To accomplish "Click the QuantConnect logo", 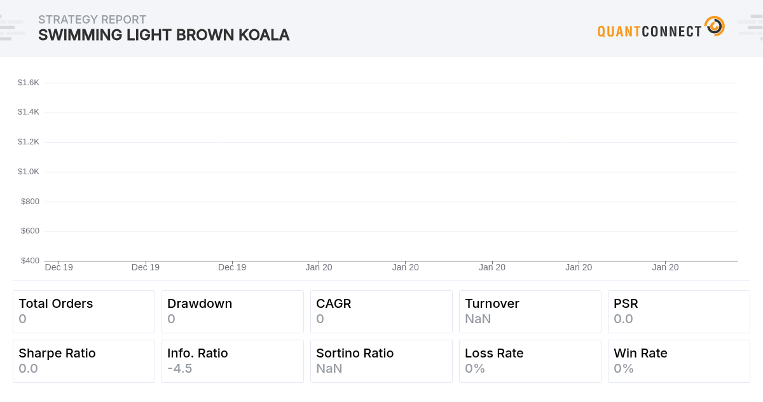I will (x=660, y=28).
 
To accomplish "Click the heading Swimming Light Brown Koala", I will (x=163, y=35).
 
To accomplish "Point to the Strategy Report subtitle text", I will (x=92, y=20).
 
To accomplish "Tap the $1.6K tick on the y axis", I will (x=29, y=82).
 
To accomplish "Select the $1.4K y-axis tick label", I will (x=29, y=112).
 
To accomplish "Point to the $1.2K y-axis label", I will (x=29, y=141).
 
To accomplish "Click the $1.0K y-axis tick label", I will (x=29, y=171).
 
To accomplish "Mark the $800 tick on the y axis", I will (x=30, y=201).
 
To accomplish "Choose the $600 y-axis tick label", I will (x=30, y=231).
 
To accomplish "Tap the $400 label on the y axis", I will (x=30, y=261).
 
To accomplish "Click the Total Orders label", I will (x=56, y=303).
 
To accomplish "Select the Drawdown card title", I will (x=200, y=303).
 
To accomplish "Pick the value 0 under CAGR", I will (x=320, y=319).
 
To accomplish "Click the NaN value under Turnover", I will (x=478, y=319).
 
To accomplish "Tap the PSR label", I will (x=626, y=303).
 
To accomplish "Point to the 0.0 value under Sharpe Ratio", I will (x=28, y=368).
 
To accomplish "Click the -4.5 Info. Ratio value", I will (x=179, y=368).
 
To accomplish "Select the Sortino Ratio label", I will (x=355, y=353).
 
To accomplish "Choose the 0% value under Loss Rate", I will (x=474, y=368).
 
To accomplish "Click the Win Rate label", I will (x=640, y=353).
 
